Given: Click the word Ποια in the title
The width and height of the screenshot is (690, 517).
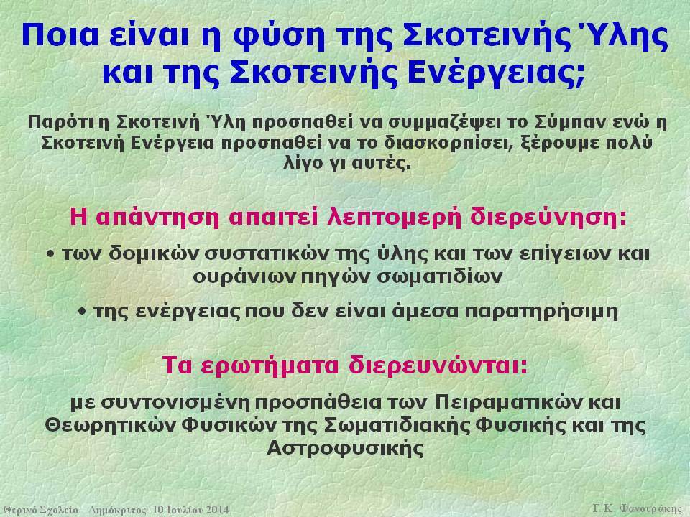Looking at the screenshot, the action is click(60, 34).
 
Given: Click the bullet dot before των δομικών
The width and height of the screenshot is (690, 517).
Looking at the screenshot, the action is click(52, 254).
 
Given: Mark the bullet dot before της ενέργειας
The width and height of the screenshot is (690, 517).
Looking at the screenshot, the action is click(83, 312).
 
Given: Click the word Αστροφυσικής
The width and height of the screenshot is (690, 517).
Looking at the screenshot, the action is click(345, 448).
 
